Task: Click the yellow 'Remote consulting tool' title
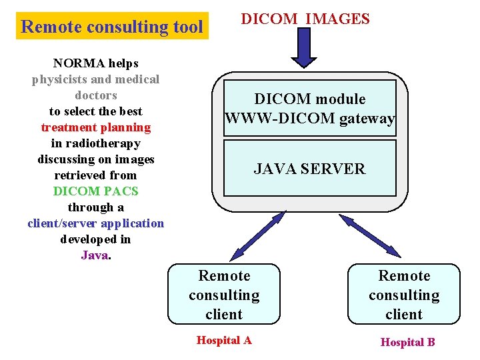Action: pos(112,27)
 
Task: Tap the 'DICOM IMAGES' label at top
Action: pos(305,19)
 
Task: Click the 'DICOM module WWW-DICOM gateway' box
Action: pos(310,108)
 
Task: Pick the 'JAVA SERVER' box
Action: pos(310,168)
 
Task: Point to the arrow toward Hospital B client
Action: pos(369,235)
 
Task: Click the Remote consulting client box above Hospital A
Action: pos(224,295)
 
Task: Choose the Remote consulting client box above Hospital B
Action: pos(404,295)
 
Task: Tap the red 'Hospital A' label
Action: pos(224,341)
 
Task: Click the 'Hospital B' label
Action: pos(407,342)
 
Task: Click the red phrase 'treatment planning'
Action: pos(96,127)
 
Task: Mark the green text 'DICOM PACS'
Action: pos(96,191)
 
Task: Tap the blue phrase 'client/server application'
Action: pos(96,223)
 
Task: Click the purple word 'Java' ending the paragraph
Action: pos(94,255)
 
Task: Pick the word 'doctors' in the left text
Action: pos(96,95)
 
